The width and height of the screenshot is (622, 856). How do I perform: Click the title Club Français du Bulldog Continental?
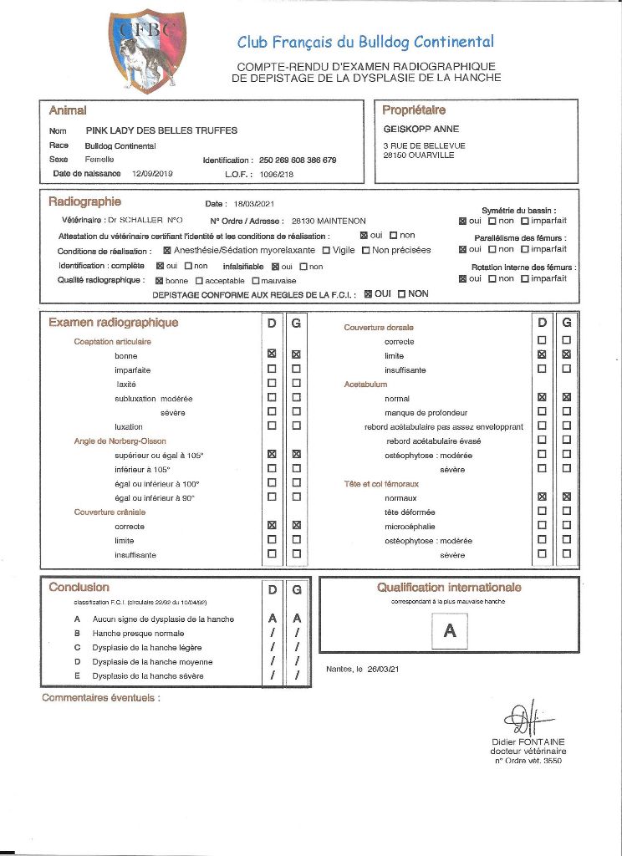tap(365, 42)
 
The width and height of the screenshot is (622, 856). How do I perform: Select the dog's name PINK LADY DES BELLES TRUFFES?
tap(161, 130)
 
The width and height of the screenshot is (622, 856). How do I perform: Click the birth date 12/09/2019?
tap(152, 174)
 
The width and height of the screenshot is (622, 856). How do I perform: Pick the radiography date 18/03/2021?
tap(254, 204)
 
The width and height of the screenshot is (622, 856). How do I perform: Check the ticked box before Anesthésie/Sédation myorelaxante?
tap(166, 250)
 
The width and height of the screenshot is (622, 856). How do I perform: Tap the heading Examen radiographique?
tap(113, 323)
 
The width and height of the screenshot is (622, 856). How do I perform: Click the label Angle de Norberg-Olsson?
tap(120, 441)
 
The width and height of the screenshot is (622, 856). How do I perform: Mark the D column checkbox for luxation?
tap(271, 426)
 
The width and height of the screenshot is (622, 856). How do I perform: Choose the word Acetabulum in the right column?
tap(365, 385)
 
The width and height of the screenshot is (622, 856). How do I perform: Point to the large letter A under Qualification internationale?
tap(449, 631)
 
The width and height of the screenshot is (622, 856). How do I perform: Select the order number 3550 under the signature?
tap(553, 761)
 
